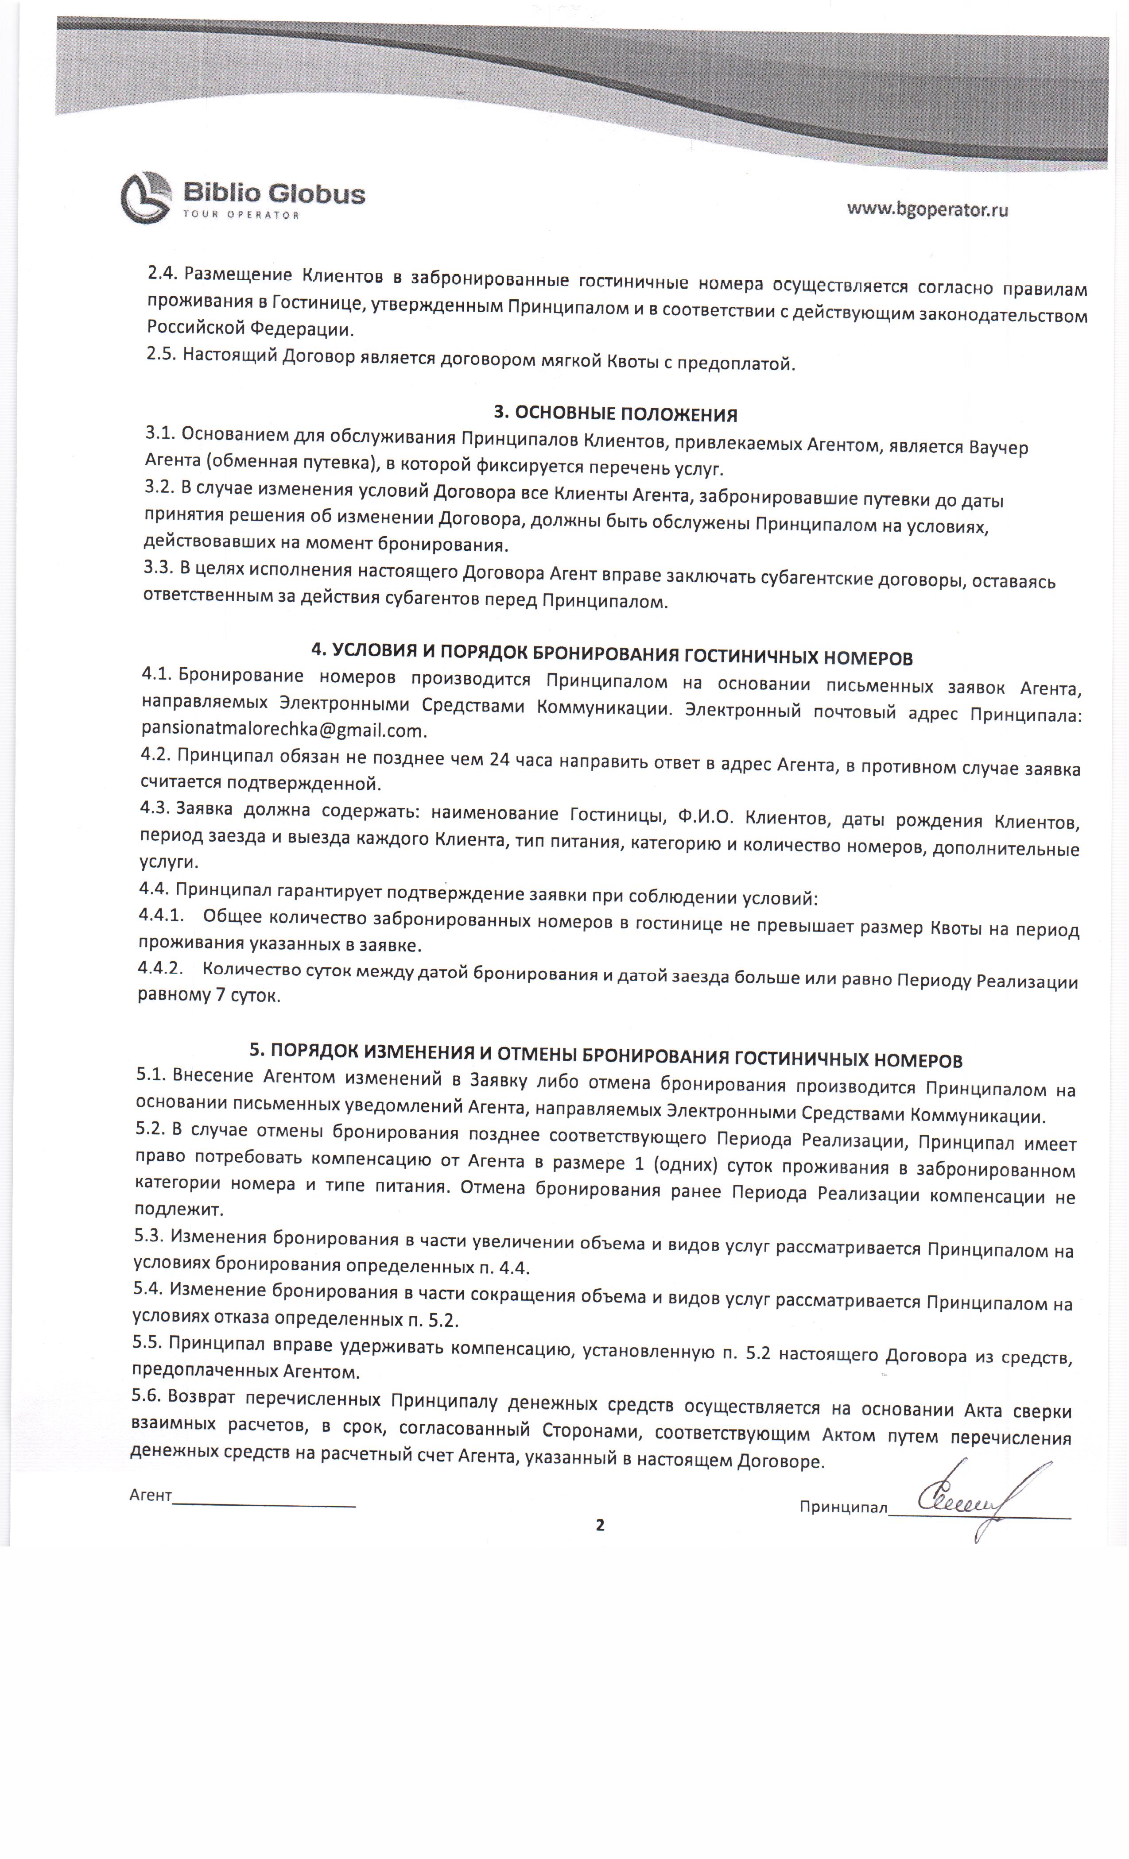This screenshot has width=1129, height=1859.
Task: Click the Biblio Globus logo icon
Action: tap(146, 197)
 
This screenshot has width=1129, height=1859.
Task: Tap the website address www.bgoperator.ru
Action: tap(927, 209)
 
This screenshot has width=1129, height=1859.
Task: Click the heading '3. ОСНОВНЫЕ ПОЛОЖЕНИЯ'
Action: tap(615, 414)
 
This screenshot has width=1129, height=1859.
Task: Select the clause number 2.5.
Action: tap(161, 354)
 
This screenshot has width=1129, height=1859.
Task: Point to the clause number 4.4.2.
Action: tap(160, 967)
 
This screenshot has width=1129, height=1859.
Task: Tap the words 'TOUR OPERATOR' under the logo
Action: tap(241, 215)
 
